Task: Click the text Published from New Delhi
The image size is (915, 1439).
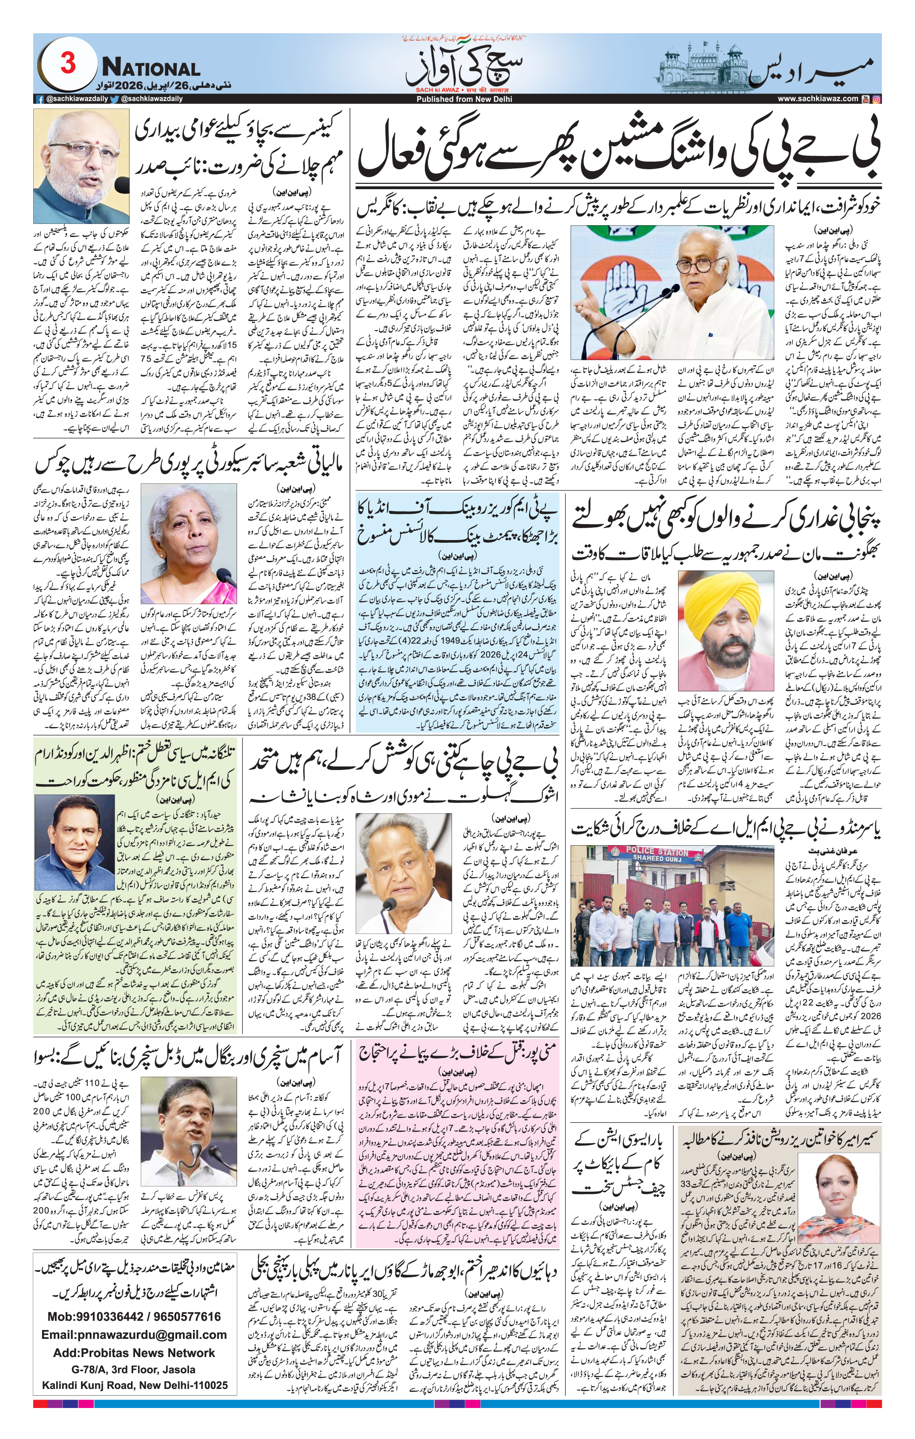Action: coord(457,99)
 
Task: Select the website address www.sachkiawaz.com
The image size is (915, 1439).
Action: coord(818,99)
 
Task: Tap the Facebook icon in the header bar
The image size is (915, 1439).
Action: coord(39,100)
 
